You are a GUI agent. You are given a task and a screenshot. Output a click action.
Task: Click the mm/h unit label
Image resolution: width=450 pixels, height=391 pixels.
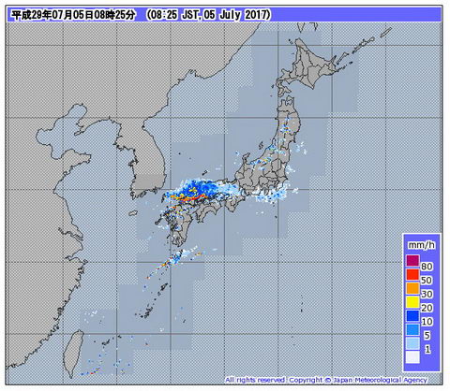[x=421, y=244]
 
